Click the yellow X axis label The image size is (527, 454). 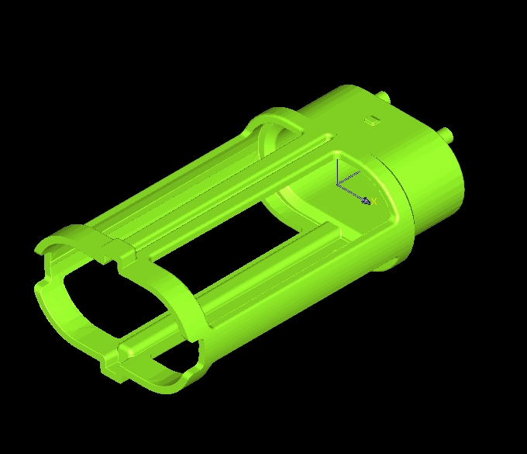coord(374,201)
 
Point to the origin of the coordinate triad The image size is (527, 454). coord(338,185)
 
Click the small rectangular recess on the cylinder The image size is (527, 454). coord(373,120)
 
